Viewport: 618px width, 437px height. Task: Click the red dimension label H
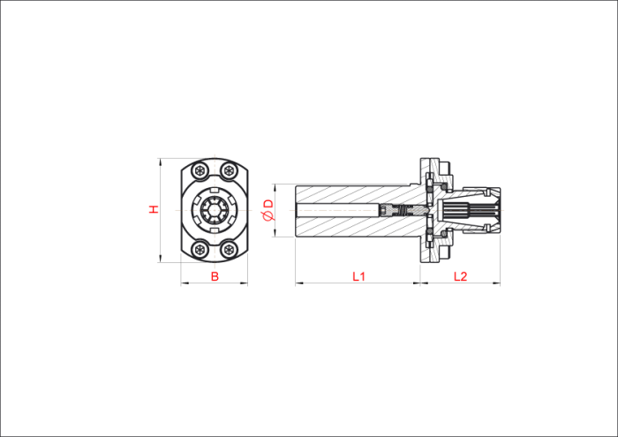[x=154, y=209]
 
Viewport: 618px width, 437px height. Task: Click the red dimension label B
[x=215, y=276]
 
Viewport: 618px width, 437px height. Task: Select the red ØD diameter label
[x=268, y=210]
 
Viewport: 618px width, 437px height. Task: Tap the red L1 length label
[x=358, y=276]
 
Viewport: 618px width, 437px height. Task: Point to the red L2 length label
[x=460, y=276]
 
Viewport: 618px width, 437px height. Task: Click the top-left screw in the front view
[x=200, y=170]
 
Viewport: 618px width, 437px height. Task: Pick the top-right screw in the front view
[x=229, y=170]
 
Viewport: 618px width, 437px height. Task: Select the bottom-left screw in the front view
[x=200, y=250]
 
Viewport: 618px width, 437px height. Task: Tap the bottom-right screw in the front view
[x=229, y=250]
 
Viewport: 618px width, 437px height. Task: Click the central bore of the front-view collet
[x=214, y=210]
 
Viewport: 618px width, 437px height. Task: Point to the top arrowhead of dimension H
[x=160, y=162]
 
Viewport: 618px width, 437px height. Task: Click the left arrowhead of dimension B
[x=184, y=283]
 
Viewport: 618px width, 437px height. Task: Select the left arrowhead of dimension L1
[x=298, y=283]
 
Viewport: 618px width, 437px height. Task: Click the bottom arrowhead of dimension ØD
[x=275, y=234]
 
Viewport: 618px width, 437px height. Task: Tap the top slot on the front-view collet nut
[x=214, y=190]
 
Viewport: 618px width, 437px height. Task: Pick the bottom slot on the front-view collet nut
[x=214, y=230]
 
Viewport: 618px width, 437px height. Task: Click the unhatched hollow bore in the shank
[x=338, y=210]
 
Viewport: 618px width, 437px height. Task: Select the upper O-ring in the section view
[x=443, y=186]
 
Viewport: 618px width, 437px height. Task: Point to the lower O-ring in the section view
[x=443, y=235]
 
